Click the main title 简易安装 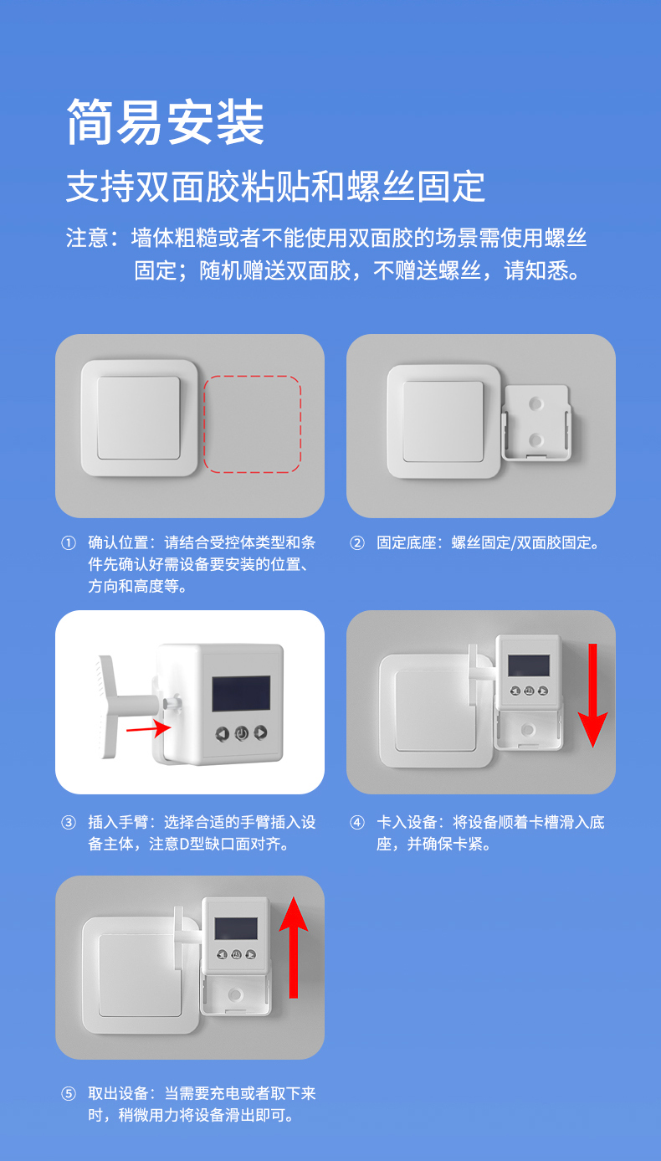pos(166,122)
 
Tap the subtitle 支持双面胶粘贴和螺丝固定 pos(275,186)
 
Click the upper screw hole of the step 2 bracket pos(535,403)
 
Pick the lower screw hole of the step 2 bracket pos(535,440)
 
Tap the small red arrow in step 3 pos(149,727)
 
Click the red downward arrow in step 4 pos(592,695)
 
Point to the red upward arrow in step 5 pos(294,947)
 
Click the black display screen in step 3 pos(242,693)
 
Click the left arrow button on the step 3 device pos(223,734)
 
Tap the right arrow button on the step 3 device pos(260,732)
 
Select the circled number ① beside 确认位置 pos(69,542)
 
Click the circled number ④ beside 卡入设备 pos(357,823)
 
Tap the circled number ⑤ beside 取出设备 pos(69,1094)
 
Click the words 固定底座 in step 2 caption pos(407,542)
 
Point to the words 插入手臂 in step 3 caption pos(118,823)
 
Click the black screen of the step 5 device pos(236,929)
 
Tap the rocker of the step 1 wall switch pos(139,418)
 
